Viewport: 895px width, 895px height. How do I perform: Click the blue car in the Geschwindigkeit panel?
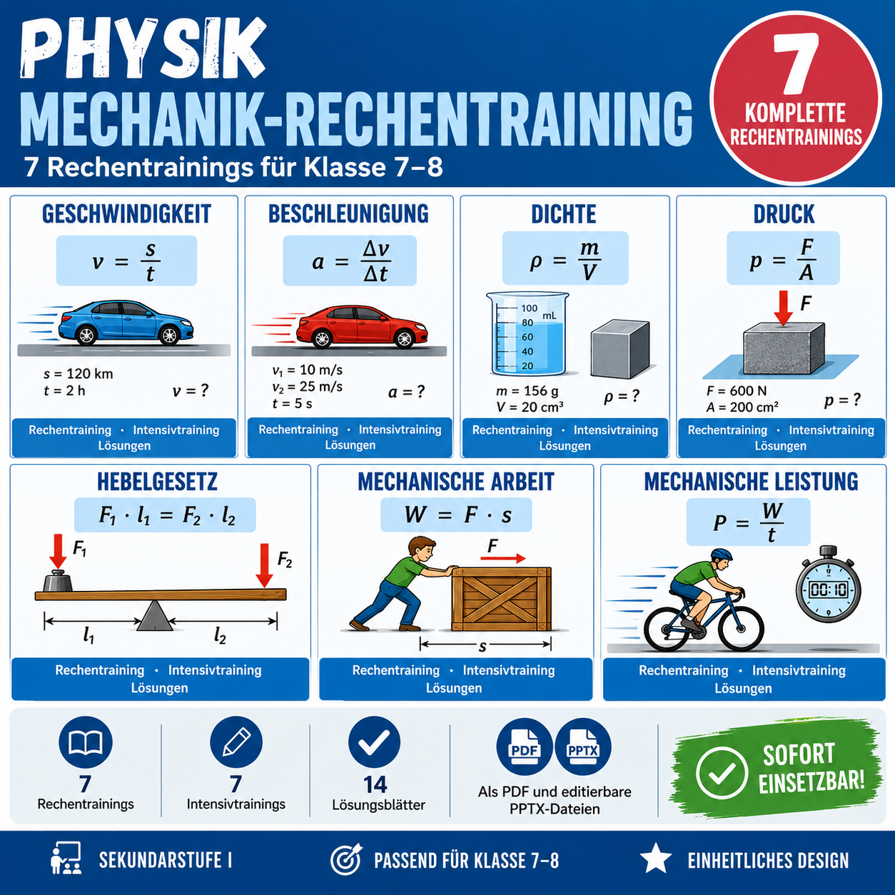126,323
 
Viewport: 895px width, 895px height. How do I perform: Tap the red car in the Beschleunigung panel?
362,327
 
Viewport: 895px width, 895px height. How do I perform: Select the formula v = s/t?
126,261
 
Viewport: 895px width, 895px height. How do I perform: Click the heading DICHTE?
564,214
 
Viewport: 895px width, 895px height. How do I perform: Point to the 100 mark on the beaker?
529,308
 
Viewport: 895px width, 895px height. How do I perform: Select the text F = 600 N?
737,390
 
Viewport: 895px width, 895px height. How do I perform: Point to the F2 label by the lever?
284,560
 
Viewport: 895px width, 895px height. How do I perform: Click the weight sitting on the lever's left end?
58,580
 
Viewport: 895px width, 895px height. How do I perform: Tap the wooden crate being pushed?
502,599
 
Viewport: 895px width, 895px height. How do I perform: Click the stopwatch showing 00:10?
828,585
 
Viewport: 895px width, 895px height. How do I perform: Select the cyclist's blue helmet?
722,554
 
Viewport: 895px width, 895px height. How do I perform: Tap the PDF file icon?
525,747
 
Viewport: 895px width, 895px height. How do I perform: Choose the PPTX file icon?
583,747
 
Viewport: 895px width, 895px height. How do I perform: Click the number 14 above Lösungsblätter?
375,784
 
